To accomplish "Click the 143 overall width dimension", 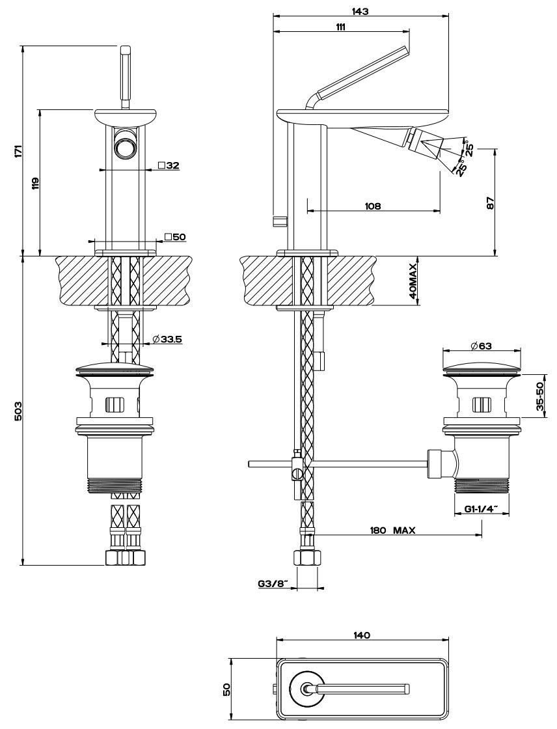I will pos(360,11).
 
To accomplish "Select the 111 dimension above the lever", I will pos(340,26).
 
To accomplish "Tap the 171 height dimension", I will pos(18,150).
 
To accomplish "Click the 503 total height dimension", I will pos(18,410).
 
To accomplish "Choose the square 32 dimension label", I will pos(169,165).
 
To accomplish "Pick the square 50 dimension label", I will pos(175,237).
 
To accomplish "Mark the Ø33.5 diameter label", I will pos(167,339).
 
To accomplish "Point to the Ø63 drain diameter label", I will pos(482,345).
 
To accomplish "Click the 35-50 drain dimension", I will pos(541,395).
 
